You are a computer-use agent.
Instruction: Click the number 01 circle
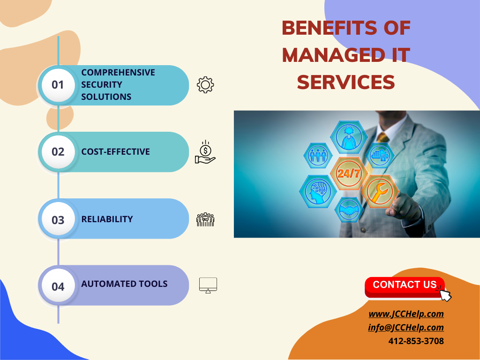[58, 85]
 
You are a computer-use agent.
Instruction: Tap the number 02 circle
[58, 152]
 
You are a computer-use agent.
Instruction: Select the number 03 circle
[58, 219]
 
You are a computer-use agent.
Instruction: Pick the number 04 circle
[58, 286]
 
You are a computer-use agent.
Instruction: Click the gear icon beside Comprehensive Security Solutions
[205, 85]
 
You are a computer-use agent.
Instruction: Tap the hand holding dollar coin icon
[205, 152]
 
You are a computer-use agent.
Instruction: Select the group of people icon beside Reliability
[205, 219]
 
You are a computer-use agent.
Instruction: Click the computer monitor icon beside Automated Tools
[208, 285]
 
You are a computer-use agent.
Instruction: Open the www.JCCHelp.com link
[406, 314]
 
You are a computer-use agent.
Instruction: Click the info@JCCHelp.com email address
[406, 328]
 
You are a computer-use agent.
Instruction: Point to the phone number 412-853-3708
[416, 341]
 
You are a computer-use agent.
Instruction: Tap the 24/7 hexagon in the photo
[349, 173]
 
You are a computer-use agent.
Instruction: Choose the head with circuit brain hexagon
[317, 191]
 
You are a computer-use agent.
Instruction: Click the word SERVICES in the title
[346, 82]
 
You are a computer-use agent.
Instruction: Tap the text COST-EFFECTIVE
[115, 152]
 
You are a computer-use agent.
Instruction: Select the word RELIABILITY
[107, 219]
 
